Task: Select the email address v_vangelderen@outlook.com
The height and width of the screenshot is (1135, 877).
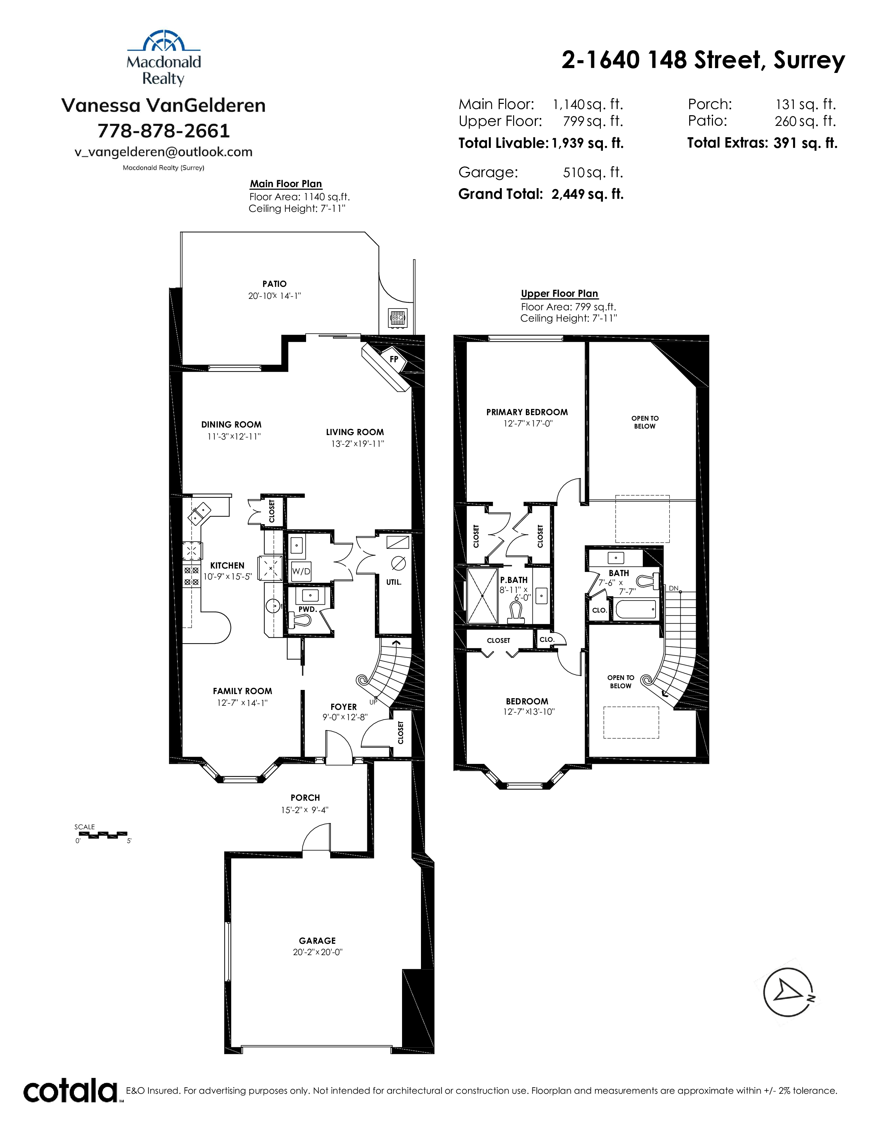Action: [164, 152]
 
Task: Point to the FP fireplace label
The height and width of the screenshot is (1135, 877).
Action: [394, 359]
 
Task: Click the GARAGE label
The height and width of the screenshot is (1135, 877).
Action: [317, 941]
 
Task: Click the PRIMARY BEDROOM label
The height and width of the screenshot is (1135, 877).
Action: [527, 412]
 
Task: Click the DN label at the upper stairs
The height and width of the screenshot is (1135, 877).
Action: [673, 588]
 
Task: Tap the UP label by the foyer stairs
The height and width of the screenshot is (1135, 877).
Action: [373, 702]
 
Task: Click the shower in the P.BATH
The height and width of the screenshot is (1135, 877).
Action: [483, 596]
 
